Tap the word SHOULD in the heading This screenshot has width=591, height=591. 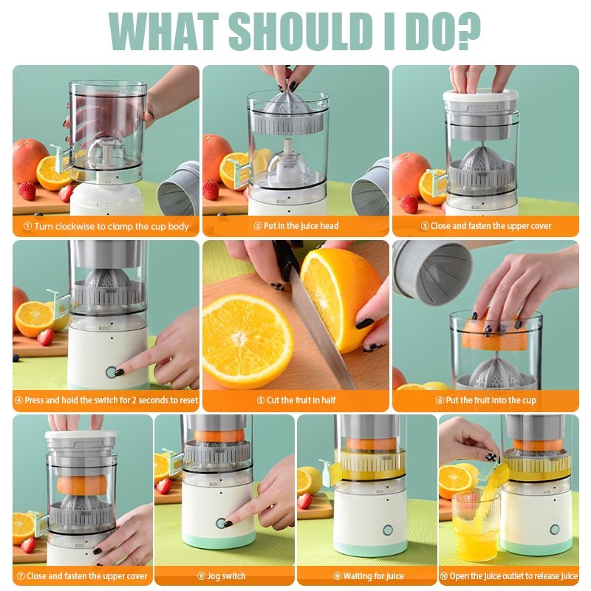click(x=298, y=31)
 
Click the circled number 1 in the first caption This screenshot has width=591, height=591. click(x=27, y=226)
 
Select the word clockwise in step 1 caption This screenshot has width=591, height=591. click(x=74, y=226)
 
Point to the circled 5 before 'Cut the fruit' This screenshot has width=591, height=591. click(x=261, y=400)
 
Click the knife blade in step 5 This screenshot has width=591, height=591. click(x=321, y=332)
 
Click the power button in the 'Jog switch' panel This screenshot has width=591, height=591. click(x=221, y=523)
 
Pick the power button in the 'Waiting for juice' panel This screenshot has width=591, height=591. click(x=387, y=530)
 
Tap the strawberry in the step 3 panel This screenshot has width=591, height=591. click(x=409, y=204)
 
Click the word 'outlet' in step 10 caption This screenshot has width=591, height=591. click(x=516, y=576)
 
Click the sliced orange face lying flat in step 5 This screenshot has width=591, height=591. click(x=247, y=341)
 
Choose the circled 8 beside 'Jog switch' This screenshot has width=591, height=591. click(x=201, y=576)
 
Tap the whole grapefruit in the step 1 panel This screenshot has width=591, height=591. click(x=30, y=160)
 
